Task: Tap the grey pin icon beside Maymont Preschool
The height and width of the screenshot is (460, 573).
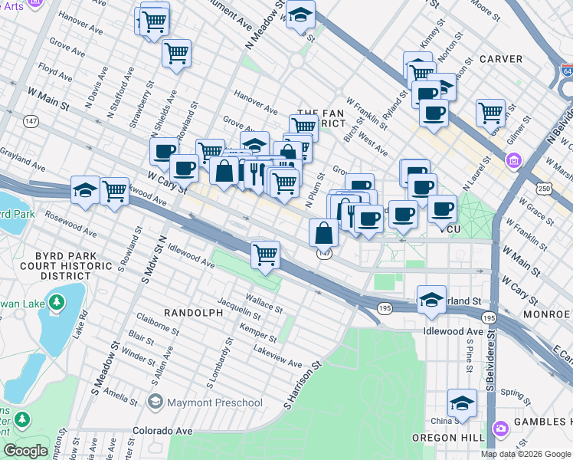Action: pos(156,402)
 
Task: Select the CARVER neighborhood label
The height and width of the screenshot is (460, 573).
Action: pos(500,59)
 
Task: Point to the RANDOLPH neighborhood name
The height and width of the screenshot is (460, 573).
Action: pos(192,313)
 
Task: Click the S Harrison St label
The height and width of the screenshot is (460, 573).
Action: pos(301,386)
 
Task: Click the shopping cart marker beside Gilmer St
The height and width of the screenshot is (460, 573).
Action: pos(490,113)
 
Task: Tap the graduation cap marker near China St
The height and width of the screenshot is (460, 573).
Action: pos(462,403)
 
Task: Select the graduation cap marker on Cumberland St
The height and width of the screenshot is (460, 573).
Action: pos(431,300)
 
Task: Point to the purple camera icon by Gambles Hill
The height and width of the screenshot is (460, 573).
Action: pos(500,427)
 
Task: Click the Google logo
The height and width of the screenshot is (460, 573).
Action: pos(25,450)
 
